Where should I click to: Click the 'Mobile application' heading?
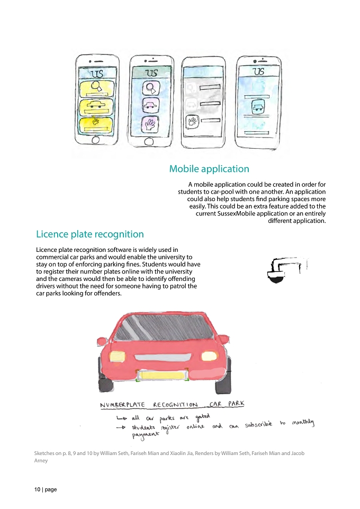[209, 169]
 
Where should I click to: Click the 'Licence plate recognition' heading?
[89, 234]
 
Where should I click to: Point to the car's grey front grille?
[161, 357]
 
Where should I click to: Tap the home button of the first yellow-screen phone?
[95, 140]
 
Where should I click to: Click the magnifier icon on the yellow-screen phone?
[96, 86]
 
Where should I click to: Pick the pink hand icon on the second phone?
[150, 124]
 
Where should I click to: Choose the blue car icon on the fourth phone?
[258, 106]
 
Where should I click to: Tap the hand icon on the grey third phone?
[191, 122]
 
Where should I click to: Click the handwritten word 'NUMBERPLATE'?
[122, 405]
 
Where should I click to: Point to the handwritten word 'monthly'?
[303, 422]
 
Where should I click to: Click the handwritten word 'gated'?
[203, 416]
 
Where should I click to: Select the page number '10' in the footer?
[38, 489]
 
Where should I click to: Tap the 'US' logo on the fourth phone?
[258, 71]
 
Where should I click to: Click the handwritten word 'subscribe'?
[258, 424]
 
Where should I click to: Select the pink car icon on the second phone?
[150, 105]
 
